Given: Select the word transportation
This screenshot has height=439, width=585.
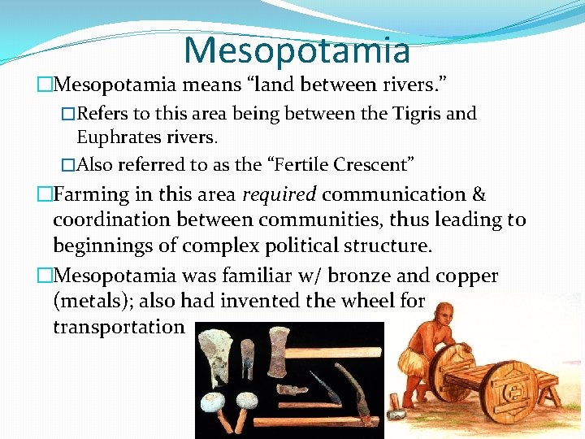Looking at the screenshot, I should click(x=119, y=328).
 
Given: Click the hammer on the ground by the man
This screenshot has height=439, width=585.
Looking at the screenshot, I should click(x=396, y=406).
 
